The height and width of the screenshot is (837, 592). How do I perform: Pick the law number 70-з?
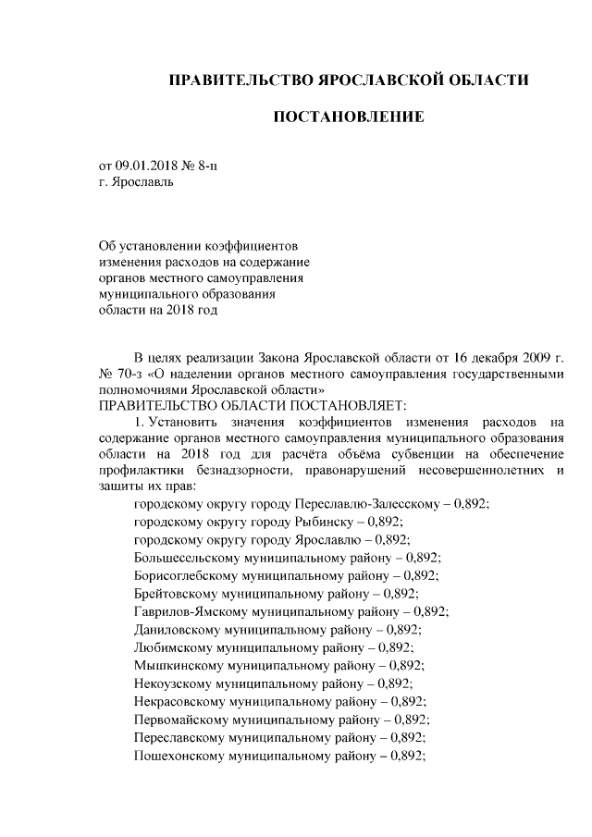130,375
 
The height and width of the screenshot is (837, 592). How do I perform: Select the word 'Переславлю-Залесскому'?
374,506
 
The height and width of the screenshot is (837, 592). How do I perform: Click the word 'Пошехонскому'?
177,755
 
